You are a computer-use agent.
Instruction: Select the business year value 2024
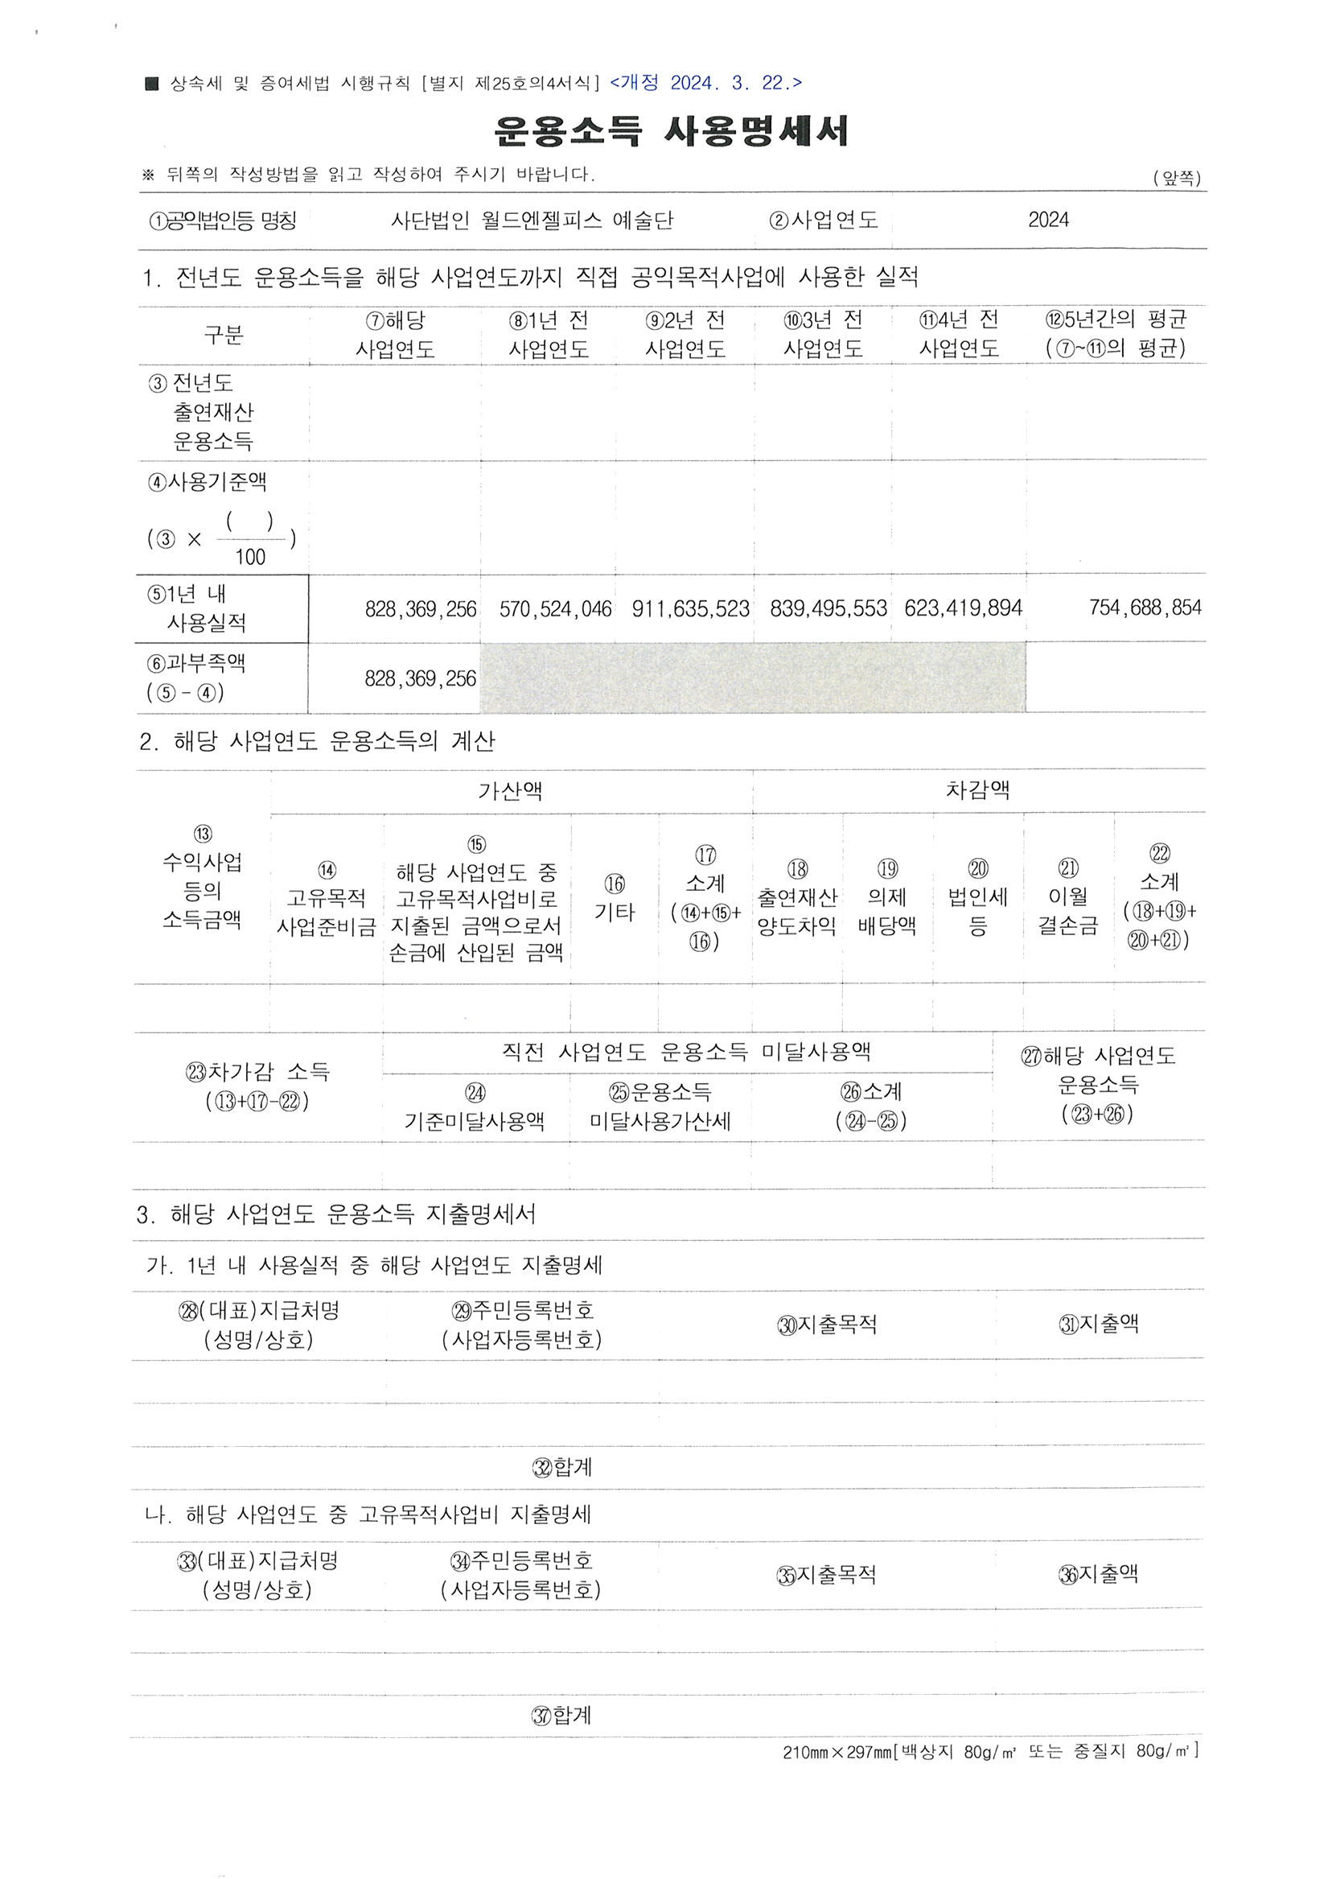coord(1048,220)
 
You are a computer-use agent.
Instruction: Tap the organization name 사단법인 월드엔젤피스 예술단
coord(532,220)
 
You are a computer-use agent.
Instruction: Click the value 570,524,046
coord(555,609)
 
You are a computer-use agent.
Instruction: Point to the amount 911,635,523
coord(691,609)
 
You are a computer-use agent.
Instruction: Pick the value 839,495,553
coord(828,609)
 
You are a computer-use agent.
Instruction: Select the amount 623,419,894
coord(963,609)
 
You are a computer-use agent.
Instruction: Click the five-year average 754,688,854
coord(1145,608)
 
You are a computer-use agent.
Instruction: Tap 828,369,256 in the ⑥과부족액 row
coord(420,678)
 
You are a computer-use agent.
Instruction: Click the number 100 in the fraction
coord(250,558)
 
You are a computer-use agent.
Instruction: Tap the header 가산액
coord(511,790)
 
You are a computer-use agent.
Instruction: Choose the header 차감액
coord(978,789)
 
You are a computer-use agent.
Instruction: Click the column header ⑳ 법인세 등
coord(978,898)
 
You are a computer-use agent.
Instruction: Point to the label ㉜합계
coord(562,1467)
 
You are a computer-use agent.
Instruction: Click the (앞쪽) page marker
coord(1177,178)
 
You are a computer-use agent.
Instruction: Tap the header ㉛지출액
coord(1098,1324)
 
